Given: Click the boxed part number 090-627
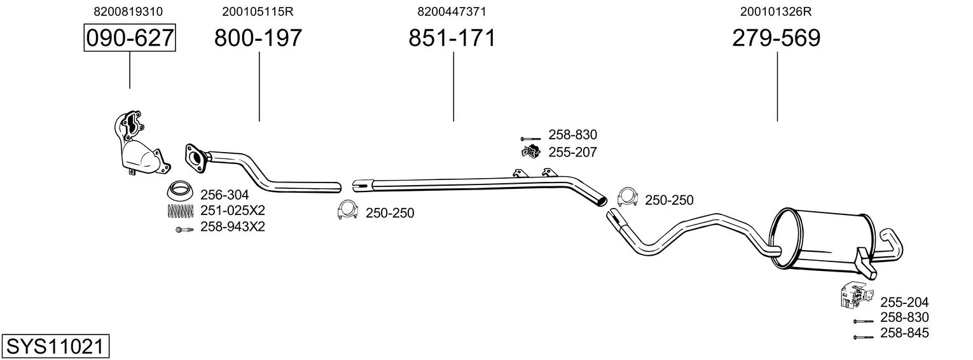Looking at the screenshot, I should point(130,38).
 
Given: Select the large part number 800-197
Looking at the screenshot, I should point(258,38).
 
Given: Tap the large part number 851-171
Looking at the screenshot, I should point(452,38).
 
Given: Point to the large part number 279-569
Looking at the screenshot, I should point(776,38).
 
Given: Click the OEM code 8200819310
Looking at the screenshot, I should point(128,11).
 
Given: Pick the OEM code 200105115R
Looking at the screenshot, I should point(258,11).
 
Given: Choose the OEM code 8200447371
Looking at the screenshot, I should point(452,11).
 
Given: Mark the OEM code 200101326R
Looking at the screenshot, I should point(776,11).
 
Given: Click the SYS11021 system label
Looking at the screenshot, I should point(55,347).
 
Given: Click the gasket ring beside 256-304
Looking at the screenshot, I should point(181,190).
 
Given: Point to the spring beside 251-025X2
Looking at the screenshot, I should point(181,210).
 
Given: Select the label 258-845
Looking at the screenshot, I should point(904,333).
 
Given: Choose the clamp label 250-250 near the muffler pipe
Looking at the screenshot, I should point(669,200).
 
